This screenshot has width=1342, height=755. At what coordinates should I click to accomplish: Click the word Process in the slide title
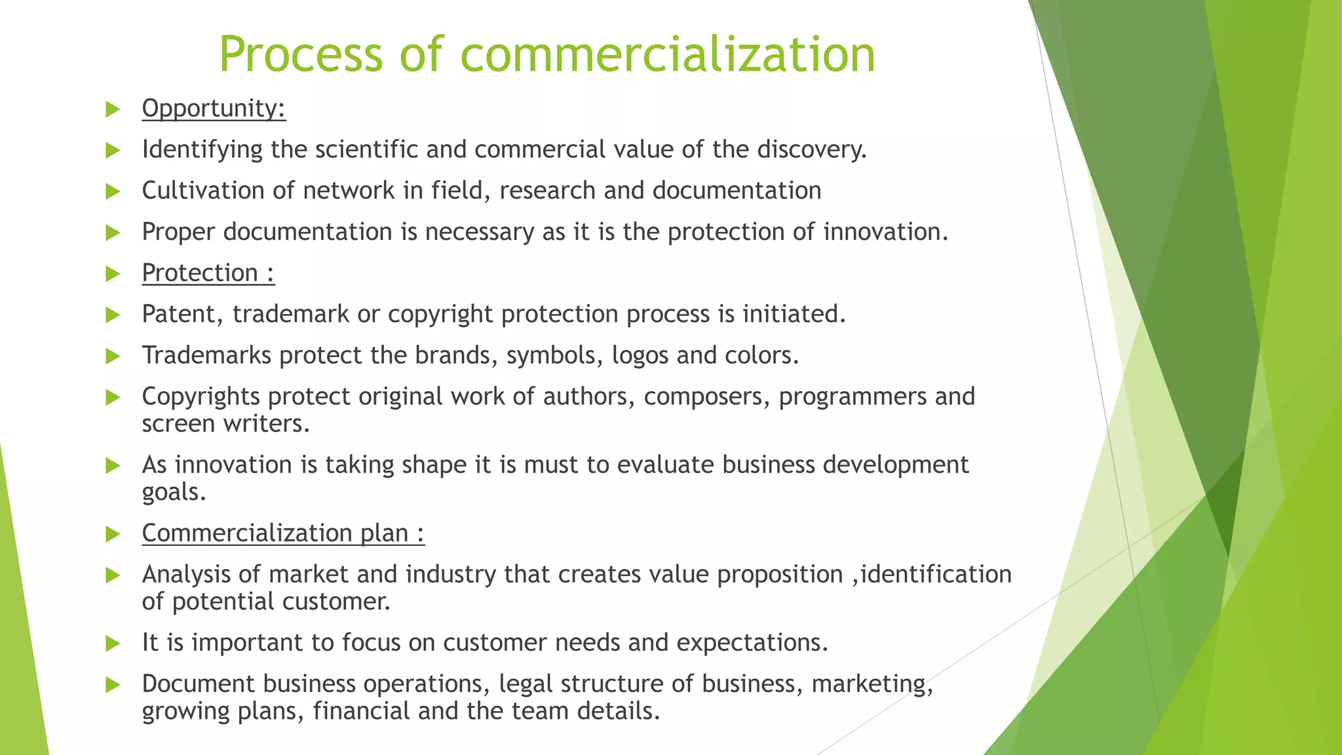point(300,54)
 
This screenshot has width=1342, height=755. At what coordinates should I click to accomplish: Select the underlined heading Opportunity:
point(214,108)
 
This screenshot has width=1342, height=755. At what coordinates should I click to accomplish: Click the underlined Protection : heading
point(208,273)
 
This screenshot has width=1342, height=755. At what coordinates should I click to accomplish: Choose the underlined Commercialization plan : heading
point(283,533)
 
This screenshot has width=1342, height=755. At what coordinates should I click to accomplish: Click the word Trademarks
point(206,355)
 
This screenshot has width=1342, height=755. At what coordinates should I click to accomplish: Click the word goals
point(174,492)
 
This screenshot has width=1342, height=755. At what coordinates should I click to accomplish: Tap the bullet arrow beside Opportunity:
point(113,109)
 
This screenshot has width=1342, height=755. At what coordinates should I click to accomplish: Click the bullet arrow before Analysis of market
point(113,575)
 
